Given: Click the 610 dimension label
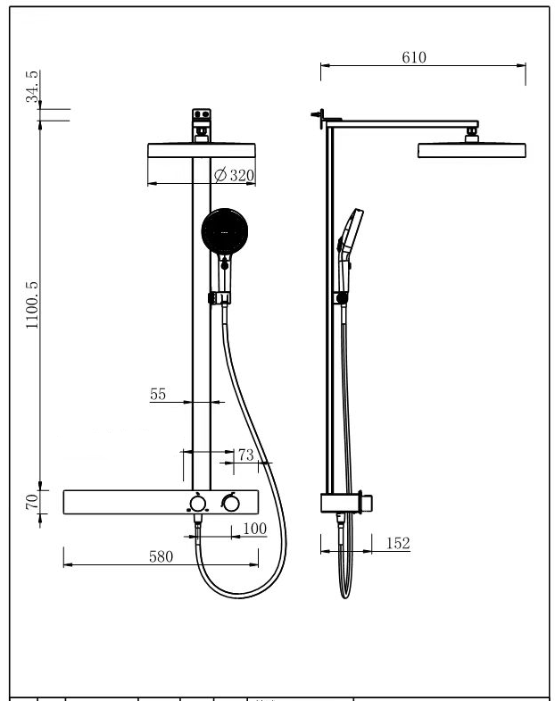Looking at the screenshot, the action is [414, 57].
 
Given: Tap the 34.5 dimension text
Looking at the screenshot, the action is [32, 87].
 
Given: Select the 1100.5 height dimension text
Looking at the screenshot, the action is [32, 305].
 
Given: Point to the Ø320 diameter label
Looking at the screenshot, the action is [234, 175].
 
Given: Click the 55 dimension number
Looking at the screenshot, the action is [158, 394].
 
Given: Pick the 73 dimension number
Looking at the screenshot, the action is [245, 455].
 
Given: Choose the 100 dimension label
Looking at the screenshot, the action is [254, 529].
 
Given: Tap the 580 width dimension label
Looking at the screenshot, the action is [161, 556].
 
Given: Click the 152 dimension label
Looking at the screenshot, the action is [398, 543].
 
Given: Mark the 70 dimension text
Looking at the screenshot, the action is [32, 502].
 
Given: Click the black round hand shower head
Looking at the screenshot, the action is [224, 231].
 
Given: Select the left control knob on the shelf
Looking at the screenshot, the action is [197, 504].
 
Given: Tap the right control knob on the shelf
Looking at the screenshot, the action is [230, 503].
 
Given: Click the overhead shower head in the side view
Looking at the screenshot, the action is [472, 150].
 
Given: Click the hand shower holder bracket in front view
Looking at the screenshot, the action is [220, 297].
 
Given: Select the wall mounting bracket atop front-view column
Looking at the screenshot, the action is [202, 125].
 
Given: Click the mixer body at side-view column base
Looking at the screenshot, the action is [347, 503].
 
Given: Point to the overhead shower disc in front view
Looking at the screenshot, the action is [202, 150].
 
